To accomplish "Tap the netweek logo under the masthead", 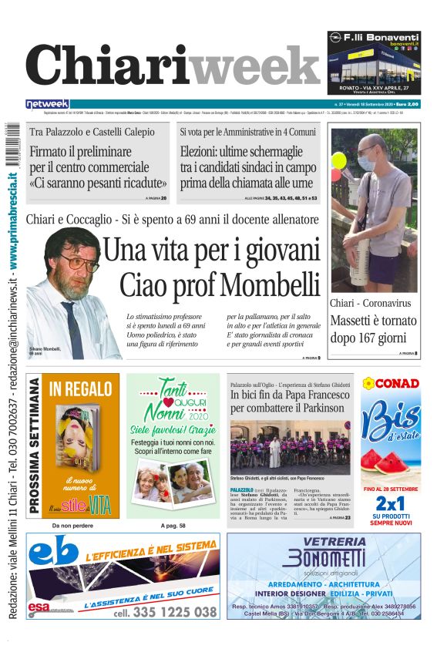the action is [x=47, y=104].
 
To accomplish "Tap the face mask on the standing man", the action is [x=366, y=162].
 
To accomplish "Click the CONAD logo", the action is [x=392, y=383].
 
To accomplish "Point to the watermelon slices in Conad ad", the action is [x=392, y=460].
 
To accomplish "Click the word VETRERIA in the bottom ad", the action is [x=324, y=542].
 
